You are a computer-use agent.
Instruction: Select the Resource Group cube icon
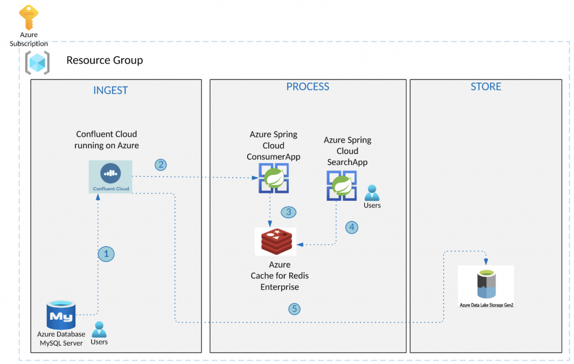(x=37, y=62)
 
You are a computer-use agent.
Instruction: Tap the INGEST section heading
(x=110, y=90)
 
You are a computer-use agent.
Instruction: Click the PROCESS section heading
(x=308, y=86)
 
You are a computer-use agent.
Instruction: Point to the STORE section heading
(x=486, y=86)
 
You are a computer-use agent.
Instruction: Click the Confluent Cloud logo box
(x=110, y=176)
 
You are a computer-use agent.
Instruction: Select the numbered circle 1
(x=106, y=254)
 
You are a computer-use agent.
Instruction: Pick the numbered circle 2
(x=161, y=164)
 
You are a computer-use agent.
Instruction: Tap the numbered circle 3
(x=289, y=212)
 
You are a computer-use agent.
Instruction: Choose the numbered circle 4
(x=351, y=227)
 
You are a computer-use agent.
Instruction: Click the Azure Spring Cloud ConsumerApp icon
(x=273, y=178)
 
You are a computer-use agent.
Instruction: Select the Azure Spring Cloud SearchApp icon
(x=341, y=186)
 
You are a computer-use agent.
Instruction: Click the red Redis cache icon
(x=276, y=241)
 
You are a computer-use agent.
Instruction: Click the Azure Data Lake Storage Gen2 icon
(x=485, y=284)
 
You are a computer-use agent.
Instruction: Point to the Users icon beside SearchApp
(x=372, y=193)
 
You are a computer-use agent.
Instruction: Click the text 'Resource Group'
(x=105, y=60)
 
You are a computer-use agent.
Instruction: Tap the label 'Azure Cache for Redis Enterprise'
(x=279, y=276)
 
